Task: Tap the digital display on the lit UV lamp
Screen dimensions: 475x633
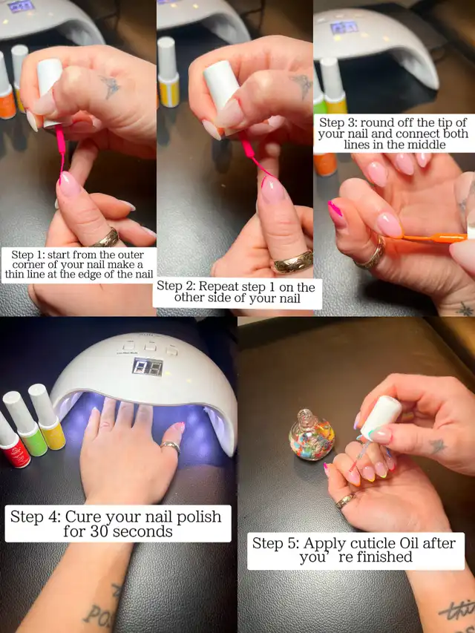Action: (x=148, y=366)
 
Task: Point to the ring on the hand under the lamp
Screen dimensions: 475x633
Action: (x=171, y=447)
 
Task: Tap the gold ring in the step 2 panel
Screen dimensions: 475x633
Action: (x=294, y=261)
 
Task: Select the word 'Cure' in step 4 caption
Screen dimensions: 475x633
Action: (x=83, y=516)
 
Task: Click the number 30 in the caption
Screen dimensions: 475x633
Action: (x=98, y=531)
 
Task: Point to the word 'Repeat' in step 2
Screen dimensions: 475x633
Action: (x=219, y=286)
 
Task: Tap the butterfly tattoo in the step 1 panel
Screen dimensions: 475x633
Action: (x=110, y=86)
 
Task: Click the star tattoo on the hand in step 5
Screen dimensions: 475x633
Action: (x=437, y=446)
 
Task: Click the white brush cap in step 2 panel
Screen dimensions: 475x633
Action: (x=221, y=84)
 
